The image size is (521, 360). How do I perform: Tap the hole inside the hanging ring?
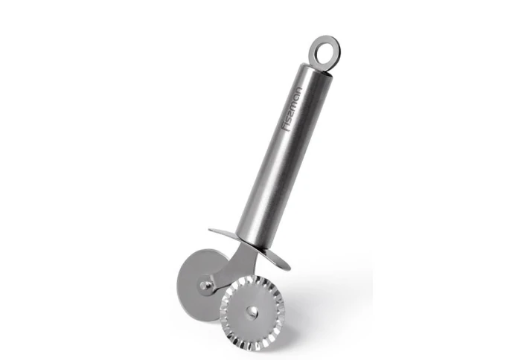[325, 51]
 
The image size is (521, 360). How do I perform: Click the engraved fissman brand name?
[292, 109]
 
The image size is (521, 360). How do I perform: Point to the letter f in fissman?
[285, 127]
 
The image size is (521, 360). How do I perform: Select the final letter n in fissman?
[298, 91]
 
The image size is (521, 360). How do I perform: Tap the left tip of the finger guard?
[209, 230]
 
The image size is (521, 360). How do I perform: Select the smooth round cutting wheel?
[189, 286]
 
